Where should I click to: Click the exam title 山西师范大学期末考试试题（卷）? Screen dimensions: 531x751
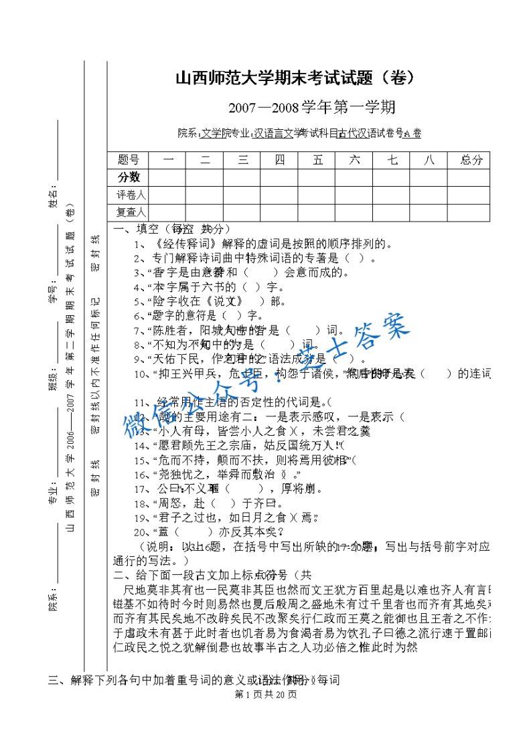[295, 78]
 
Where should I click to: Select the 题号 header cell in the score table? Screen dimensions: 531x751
[128, 160]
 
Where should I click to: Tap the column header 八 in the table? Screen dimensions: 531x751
[431, 160]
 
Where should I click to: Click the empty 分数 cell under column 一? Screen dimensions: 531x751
[167, 177]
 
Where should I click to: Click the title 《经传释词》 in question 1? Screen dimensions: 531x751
[181, 244]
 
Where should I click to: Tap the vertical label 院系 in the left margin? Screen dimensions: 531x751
[52, 602]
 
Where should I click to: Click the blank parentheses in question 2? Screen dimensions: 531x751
[356, 258]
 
